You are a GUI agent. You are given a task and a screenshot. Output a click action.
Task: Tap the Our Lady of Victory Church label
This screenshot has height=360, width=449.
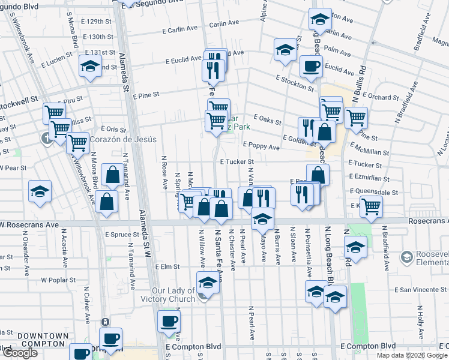[173, 295]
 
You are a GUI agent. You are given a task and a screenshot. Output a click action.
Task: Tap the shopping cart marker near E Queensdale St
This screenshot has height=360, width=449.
[372, 206]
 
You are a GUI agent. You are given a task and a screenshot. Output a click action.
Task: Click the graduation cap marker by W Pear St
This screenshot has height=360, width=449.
[40, 191]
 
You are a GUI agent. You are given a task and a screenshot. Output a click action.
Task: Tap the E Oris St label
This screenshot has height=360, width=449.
[111, 128]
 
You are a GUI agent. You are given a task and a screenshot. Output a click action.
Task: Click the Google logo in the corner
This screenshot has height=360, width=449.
[19, 353]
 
